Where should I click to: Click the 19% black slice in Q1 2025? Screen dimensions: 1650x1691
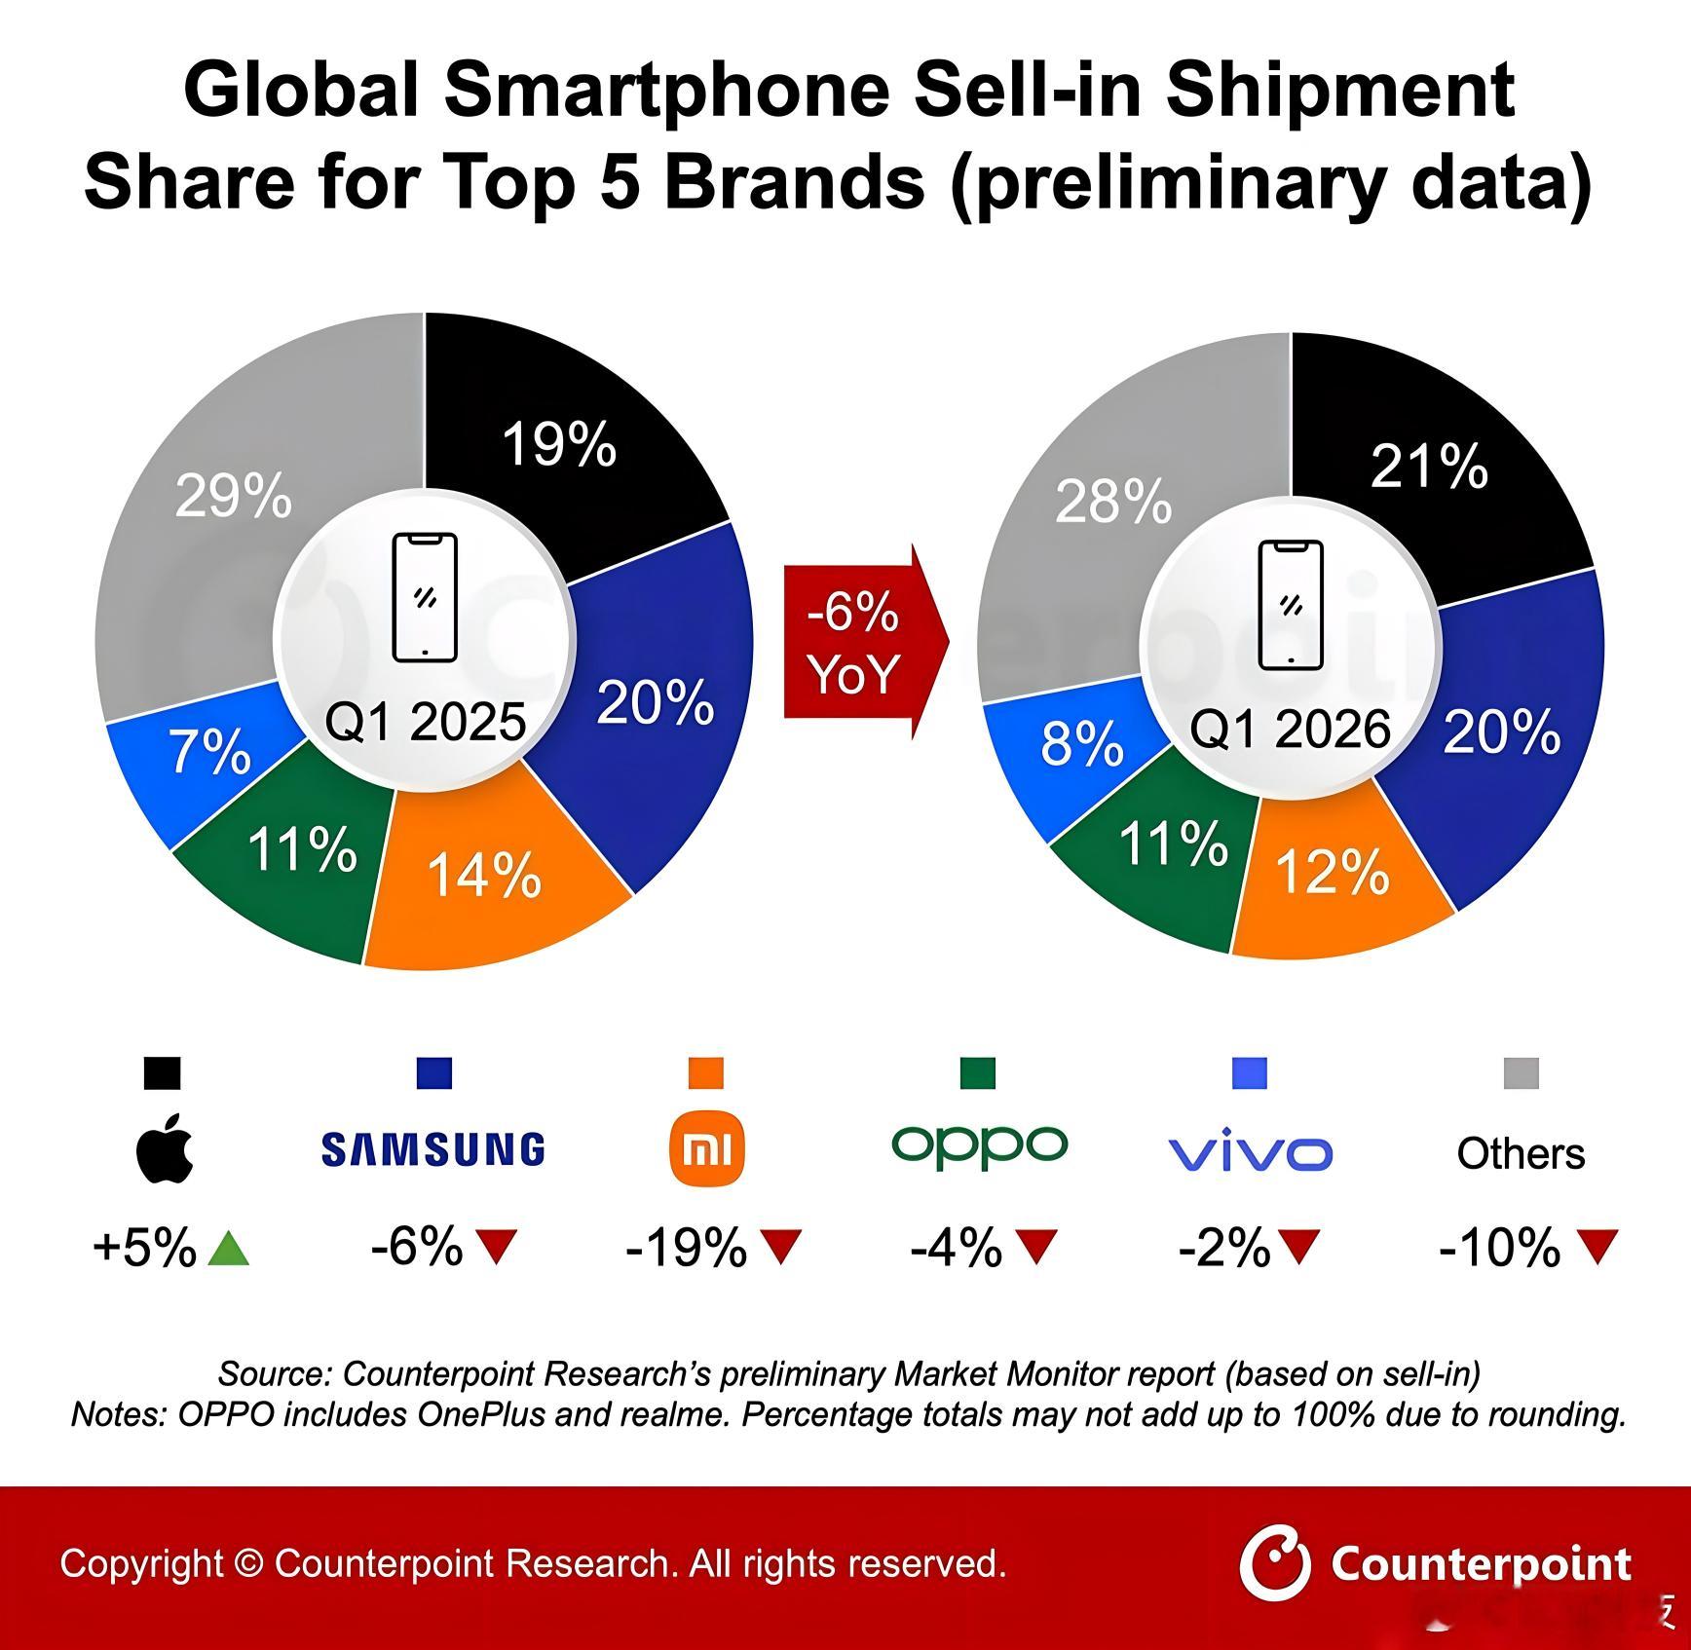pos(560,443)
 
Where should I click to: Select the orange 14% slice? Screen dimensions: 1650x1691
pos(484,875)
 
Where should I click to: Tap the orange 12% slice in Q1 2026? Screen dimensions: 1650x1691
pos(1332,871)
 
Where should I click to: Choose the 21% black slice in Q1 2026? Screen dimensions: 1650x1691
pos(1429,466)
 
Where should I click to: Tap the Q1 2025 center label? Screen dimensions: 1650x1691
pos(425,722)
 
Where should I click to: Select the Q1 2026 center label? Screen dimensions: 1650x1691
pos(1290,730)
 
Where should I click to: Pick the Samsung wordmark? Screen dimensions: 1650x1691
pos(432,1150)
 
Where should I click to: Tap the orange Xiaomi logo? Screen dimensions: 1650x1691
pos(706,1150)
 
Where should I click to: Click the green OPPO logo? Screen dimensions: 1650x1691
pos(979,1146)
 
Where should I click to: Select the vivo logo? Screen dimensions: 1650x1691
pos(1250,1153)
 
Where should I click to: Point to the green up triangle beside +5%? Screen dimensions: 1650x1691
pos(229,1248)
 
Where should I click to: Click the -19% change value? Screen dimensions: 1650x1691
pos(686,1247)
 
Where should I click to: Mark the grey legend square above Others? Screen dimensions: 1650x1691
pos(1521,1073)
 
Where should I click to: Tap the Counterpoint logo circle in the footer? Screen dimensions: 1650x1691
pos(1275,1564)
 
